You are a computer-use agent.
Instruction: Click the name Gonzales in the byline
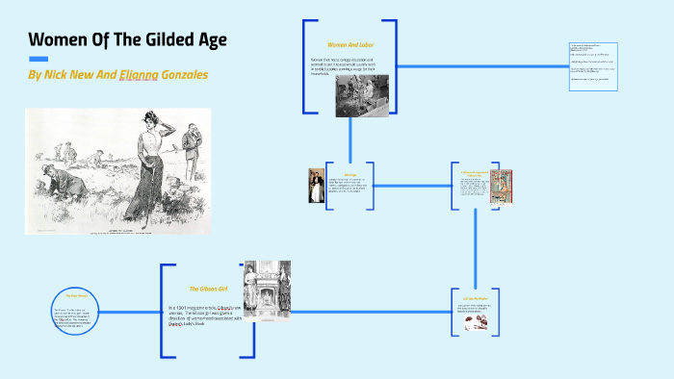point(176,74)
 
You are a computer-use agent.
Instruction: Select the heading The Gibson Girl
point(207,288)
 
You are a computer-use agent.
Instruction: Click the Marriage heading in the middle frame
point(350,174)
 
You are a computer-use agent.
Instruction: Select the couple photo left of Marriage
point(315,186)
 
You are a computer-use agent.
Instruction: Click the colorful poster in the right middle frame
point(501,186)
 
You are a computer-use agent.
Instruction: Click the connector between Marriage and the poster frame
point(412,186)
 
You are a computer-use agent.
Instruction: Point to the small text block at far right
point(591,66)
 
